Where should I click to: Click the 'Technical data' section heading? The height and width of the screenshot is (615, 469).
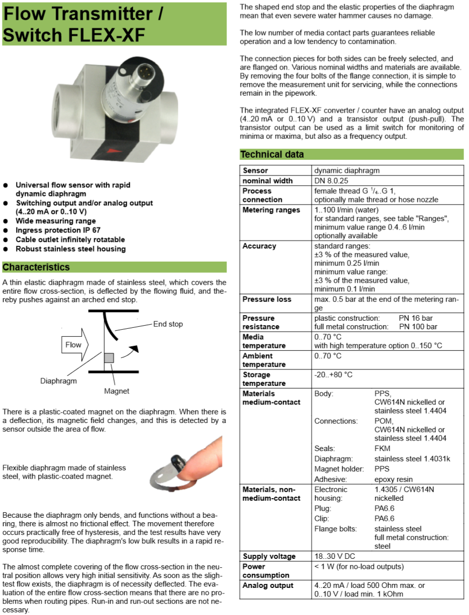point(272,154)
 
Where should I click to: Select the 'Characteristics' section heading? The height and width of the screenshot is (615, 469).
point(36,267)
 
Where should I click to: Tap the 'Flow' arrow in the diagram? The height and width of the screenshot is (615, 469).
point(74,344)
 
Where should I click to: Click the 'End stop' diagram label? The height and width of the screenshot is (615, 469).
point(168,324)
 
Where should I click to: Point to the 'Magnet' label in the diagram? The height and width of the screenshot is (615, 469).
point(116,391)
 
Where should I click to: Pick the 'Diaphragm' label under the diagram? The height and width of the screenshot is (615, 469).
point(59,381)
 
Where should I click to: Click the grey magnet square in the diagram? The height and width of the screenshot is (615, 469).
point(109,357)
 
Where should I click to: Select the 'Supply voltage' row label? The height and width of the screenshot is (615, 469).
point(269,556)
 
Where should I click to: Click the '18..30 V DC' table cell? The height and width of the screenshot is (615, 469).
point(335,556)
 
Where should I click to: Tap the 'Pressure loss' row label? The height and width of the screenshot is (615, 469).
point(267,299)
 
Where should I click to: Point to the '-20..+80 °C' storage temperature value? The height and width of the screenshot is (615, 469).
point(333,374)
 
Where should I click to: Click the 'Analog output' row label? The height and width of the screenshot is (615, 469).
point(268,585)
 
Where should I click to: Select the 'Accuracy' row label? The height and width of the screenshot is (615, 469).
point(259,246)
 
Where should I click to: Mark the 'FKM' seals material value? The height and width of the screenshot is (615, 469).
point(382,449)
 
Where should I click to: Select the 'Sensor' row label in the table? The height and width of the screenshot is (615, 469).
point(255,170)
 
